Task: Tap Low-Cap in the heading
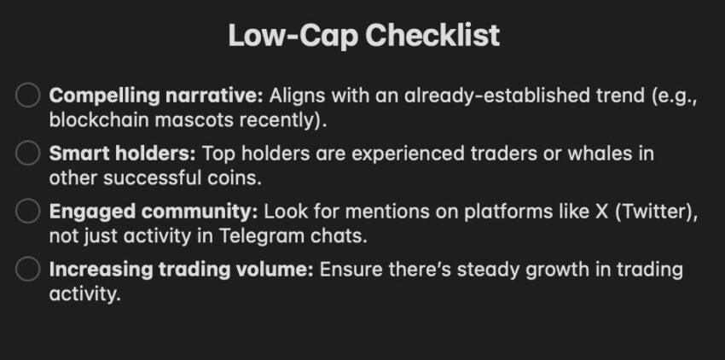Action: click(293, 36)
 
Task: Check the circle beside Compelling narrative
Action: click(28, 96)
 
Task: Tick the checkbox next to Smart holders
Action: click(28, 154)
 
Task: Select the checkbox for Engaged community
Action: click(28, 212)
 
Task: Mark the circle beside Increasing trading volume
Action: click(28, 270)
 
